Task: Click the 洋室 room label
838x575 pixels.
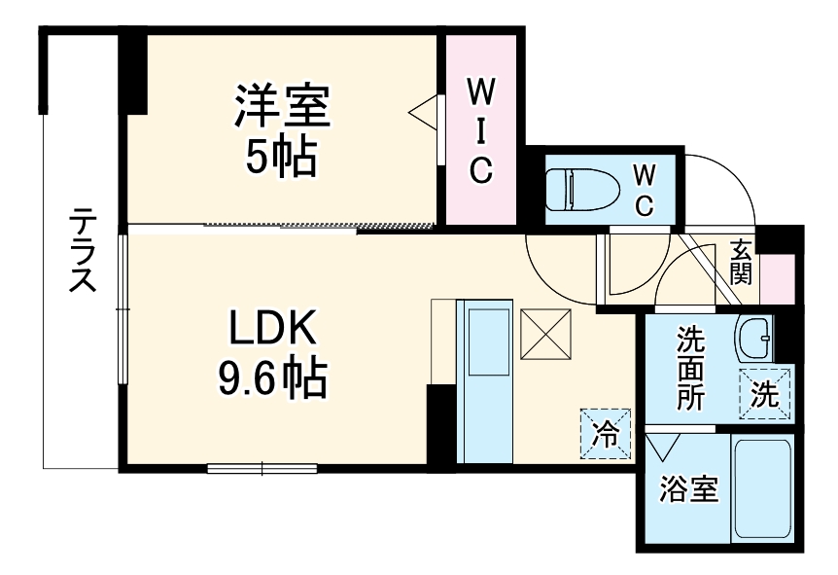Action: point(282,108)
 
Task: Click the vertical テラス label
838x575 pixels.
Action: point(82,250)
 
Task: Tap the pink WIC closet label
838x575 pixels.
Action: point(481,130)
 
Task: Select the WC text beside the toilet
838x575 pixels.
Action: point(644,190)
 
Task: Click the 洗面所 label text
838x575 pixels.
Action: point(691,370)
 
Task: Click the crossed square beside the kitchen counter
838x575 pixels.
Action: point(545,333)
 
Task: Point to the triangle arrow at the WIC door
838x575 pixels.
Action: point(423,111)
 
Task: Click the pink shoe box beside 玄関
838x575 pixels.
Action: point(777,278)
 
